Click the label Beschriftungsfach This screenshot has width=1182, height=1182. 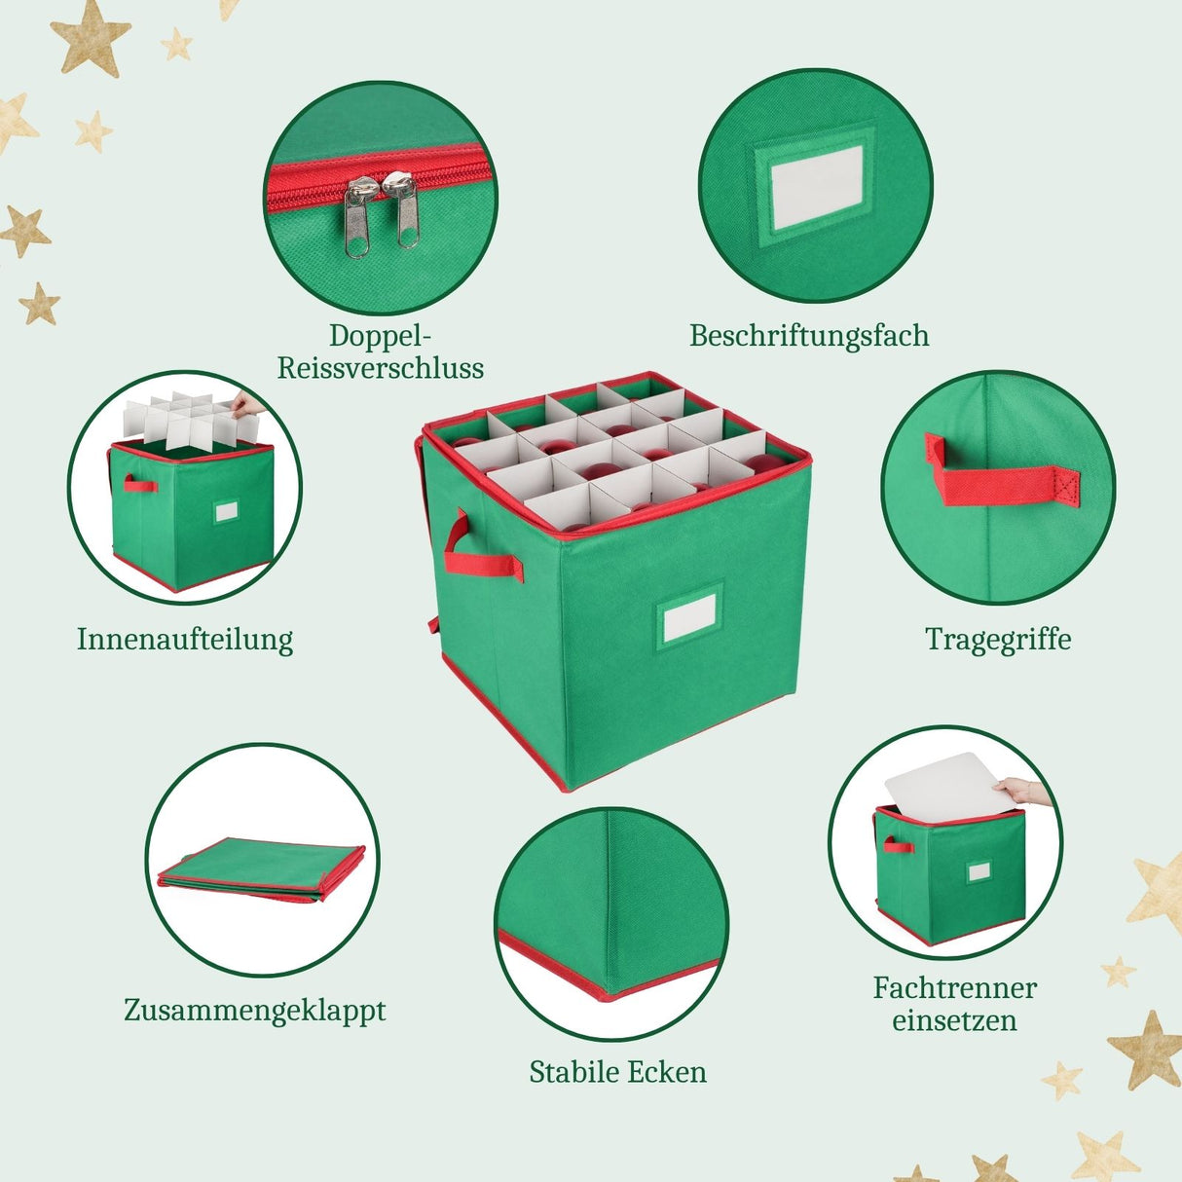pyautogui.click(x=809, y=336)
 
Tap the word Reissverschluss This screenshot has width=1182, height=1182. pyautogui.click(x=381, y=368)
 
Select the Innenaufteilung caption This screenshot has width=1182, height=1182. pyautogui.click(x=185, y=640)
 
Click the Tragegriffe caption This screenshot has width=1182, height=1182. pyautogui.click(x=998, y=640)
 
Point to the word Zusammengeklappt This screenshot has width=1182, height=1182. pyautogui.click(x=255, y=1011)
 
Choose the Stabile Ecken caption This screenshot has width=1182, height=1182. pyautogui.click(x=618, y=1072)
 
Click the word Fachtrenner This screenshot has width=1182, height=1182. pyautogui.click(x=954, y=988)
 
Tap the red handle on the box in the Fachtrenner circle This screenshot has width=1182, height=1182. pyautogui.click(x=897, y=845)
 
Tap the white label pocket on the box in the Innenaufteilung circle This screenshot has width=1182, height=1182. pyautogui.click(x=227, y=511)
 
